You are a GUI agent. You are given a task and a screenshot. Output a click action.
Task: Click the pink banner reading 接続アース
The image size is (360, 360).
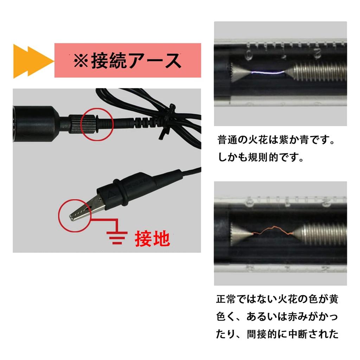pyautogui.click(x=128, y=60)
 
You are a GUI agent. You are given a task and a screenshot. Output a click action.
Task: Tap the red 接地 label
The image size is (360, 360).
pyautogui.click(x=152, y=239)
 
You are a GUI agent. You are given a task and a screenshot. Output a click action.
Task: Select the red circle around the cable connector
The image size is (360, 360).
pyautogui.click(x=97, y=123)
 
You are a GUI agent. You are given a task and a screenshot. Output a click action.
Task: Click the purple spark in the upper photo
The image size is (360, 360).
pyautogui.click(x=267, y=72)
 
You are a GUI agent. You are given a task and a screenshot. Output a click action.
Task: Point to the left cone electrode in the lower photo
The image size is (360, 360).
pyautogui.click(x=240, y=233)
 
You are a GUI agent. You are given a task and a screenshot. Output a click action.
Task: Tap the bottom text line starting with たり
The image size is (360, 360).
pyautogui.click(x=277, y=334)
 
